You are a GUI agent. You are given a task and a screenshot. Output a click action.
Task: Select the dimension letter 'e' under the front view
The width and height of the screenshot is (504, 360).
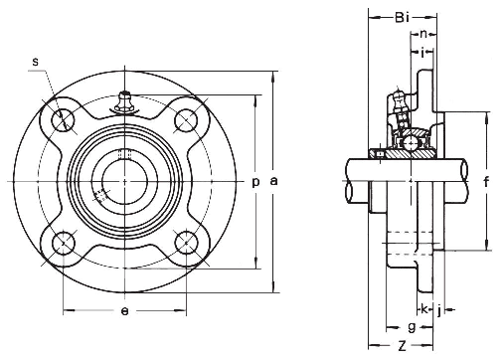click(x=123, y=311)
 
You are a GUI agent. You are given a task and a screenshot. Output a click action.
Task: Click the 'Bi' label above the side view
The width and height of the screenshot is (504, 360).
click(x=402, y=18)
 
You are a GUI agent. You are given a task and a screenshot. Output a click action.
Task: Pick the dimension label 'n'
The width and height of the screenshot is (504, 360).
click(x=424, y=34)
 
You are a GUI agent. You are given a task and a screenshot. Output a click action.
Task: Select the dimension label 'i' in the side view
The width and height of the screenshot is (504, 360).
click(x=424, y=51)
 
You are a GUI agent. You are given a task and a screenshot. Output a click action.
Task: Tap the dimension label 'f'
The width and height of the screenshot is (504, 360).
click(x=485, y=181)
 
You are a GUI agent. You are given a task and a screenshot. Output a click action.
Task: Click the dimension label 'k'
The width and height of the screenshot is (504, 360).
click(x=423, y=309)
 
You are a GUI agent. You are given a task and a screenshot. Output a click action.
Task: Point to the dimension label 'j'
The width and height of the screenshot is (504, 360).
click(x=438, y=309)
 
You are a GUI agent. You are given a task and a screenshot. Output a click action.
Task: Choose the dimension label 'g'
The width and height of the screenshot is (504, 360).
click(x=411, y=326)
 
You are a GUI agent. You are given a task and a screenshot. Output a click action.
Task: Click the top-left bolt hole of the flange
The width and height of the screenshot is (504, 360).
click(x=65, y=121)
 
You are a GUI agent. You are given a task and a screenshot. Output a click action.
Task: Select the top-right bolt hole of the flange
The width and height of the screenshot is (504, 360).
click(x=184, y=121)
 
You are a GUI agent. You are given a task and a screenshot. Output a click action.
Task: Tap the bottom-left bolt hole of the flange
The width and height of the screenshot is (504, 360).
click(x=65, y=242)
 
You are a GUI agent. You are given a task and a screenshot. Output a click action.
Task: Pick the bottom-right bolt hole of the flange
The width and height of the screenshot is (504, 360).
click(x=184, y=242)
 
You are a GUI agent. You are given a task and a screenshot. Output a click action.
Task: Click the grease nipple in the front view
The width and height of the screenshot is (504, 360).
click(x=124, y=102)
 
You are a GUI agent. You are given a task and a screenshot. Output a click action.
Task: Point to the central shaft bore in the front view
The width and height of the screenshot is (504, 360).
click(x=123, y=182)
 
